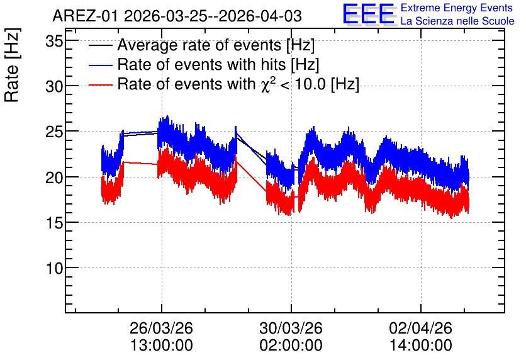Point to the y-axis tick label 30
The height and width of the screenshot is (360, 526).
coord(54,87)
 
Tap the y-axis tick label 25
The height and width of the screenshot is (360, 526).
coord(54,132)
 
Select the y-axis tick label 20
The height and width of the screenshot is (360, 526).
coord(54,177)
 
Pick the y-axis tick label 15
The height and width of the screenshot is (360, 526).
coord(54,223)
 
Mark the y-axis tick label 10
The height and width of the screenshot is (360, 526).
coord(54,268)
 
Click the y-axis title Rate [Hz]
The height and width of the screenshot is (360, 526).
coord(13,65)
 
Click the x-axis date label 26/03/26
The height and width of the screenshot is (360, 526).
coord(161,328)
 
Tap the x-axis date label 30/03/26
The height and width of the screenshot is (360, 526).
coord(291,328)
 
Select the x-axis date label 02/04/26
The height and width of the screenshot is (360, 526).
coord(421,328)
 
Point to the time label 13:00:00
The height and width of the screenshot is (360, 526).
coord(161,346)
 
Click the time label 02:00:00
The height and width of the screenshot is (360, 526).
coord(291,346)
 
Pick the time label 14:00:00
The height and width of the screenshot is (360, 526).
coord(421,346)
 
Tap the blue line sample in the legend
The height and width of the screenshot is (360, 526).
coord(100,65)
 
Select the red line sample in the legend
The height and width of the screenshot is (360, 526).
coord(100,85)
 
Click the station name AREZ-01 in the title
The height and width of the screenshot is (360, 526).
coord(85,16)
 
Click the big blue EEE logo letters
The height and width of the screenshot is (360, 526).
coord(369,14)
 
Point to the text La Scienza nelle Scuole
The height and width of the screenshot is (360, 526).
coord(457,21)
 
